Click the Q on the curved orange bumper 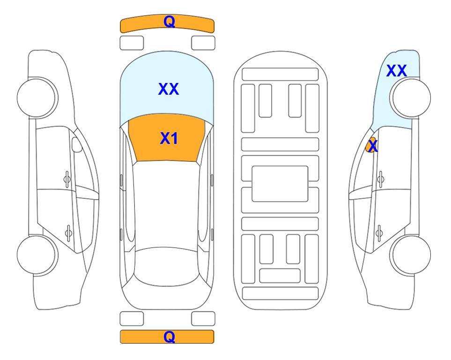tap(169, 22)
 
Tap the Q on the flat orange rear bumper tap(169, 337)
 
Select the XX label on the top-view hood tap(169, 89)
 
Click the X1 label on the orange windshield tap(169, 138)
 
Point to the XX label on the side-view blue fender tap(396, 71)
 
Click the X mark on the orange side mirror tap(373, 145)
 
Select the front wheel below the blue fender tap(410, 98)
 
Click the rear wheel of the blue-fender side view tap(410, 255)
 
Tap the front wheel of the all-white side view tap(37, 98)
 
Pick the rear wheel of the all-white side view tap(37, 255)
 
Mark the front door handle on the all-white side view tap(67, 179)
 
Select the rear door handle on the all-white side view tap(68, 232)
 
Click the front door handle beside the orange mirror tap(381, 179)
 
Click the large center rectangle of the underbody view tap(280, 184)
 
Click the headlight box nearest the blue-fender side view tap(203, 43)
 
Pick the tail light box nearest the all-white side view tap(132, 319)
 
